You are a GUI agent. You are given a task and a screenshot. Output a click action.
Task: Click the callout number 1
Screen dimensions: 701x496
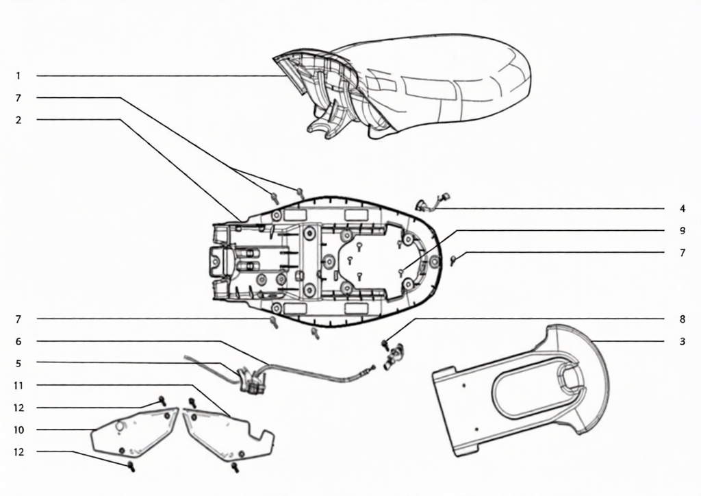[x=18, y=75]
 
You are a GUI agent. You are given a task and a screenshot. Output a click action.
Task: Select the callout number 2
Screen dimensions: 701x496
[x=18, y=120]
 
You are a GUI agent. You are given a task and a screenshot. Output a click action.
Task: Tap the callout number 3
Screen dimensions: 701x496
[x=683, y=341]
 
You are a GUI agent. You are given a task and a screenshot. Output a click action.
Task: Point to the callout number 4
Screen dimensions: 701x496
[x=683, y=208]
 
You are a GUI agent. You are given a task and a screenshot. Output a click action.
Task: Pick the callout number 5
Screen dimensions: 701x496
[x=18, y=363]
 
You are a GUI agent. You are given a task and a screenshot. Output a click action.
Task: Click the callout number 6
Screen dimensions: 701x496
[x=18, y=341]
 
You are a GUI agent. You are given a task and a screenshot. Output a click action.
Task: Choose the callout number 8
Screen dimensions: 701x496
[x=683, y=319]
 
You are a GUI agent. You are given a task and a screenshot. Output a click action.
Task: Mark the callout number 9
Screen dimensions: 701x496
[x=683, y=230]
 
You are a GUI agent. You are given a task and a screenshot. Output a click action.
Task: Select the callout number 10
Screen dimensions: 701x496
[x=18, y=430]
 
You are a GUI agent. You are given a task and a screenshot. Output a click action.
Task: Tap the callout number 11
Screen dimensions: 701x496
[x=18, y=386]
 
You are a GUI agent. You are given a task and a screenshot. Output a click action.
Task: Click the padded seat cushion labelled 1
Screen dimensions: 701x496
[x=403, y=85]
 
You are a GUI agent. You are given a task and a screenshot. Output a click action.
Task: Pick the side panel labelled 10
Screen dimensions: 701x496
[x=134, y=432]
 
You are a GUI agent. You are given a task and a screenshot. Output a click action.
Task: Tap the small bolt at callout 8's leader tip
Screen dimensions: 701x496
[x=385, y=343]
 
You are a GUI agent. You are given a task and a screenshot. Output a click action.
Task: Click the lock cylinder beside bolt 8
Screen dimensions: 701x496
[x=394, y=356]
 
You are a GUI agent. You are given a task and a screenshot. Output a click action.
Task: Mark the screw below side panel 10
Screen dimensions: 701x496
[x=131, y=467]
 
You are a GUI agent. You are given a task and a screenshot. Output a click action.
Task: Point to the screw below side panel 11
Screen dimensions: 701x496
[x=235, y=468]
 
